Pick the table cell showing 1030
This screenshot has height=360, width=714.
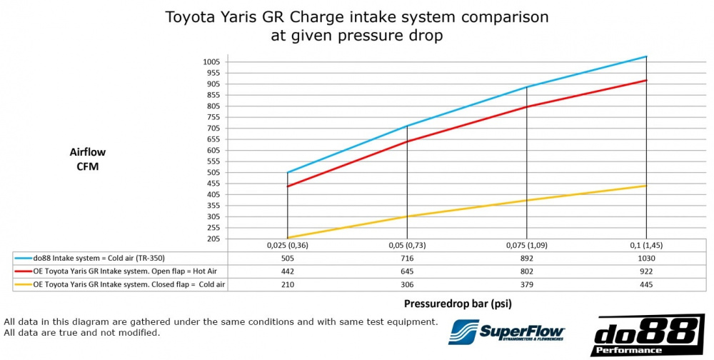(646, 258)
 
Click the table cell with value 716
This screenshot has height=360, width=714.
(407, 258)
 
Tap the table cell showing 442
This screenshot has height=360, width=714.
(287, 271)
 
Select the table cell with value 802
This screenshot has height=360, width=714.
(526, 271)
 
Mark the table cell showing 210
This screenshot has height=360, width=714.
(287, 284)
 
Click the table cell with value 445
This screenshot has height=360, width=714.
(646, 284)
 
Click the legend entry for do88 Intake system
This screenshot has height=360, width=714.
(100, 258)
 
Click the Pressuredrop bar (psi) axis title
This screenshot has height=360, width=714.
(453, 303)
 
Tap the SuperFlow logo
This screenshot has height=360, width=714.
(506, 333)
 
